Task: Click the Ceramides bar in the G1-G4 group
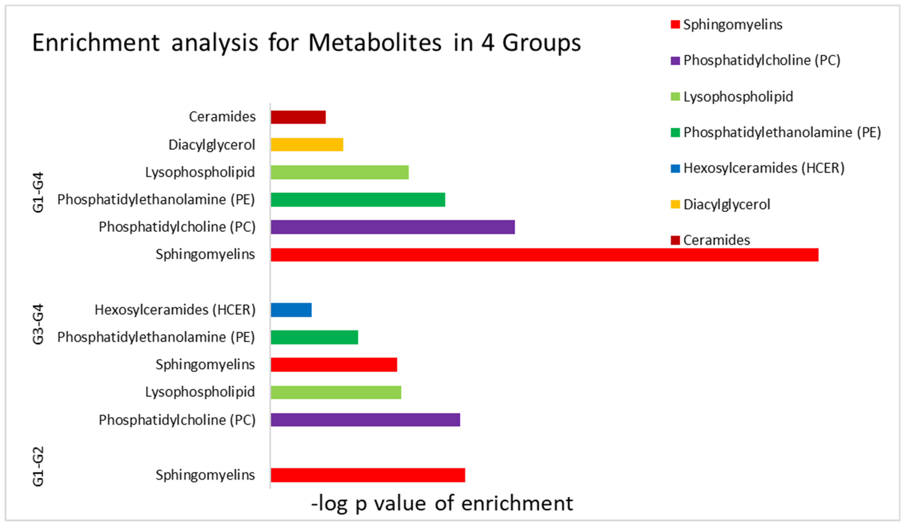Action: point(298,117)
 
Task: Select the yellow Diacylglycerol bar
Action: point(307,144)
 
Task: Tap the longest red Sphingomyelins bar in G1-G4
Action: point(544,255)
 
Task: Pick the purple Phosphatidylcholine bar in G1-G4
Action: point(393,227)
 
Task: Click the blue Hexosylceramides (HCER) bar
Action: point(291,310)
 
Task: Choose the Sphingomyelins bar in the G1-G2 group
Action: point(368,475)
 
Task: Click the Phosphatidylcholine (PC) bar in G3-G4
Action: point(365,420)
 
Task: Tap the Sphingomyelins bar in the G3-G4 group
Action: point(334,365)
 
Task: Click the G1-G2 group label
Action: point(38,466)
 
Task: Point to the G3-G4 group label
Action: point(38,324)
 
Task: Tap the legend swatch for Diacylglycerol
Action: point(675,204)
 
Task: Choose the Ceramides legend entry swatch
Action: point(675,240)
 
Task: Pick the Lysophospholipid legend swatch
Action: point(675,97)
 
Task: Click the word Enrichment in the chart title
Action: point(96,43)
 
